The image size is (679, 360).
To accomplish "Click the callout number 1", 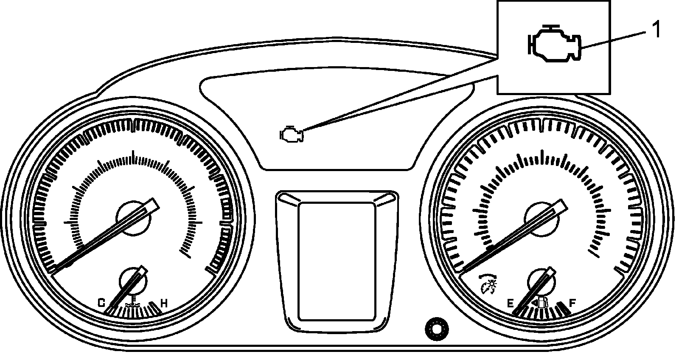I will point(656,30).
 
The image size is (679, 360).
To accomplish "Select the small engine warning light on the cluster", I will point(291,135).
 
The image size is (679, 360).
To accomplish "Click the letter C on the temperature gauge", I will point(102,303).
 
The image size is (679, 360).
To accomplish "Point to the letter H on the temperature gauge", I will point(164,303).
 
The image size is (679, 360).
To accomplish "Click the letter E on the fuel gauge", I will point(511,303).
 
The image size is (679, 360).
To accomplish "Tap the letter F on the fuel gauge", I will point(572,303).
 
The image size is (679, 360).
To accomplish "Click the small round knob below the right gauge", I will point(436,328).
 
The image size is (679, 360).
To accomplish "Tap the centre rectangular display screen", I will point(337,261).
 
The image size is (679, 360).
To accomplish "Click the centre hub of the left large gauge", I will point(133,218).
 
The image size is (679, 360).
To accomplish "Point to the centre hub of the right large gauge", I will point(542,218).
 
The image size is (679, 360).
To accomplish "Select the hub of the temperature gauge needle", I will point(133,281).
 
